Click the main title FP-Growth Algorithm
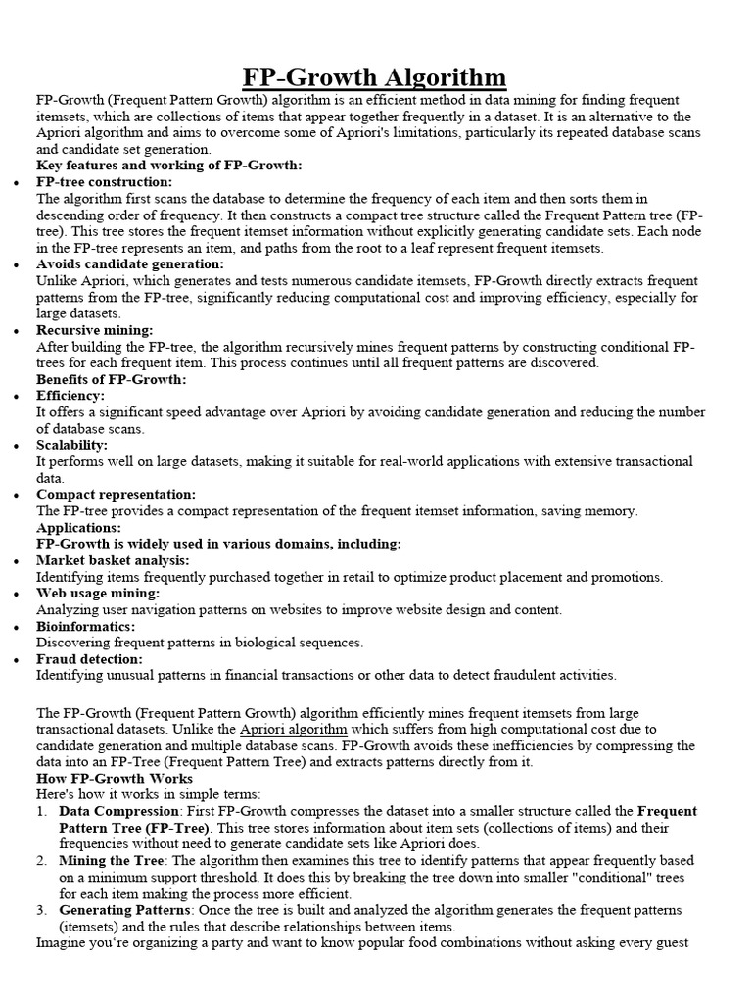[x=375, y=76]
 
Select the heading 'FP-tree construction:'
[x=104, y=182]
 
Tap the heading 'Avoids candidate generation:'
[x=130, y=264]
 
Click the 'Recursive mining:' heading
[x=95, y=331]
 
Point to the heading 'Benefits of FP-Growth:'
[x=111, y=379]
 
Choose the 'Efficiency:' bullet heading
[x=70, y=396]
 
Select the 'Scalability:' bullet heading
[x=73, y=445]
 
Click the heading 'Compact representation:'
[x=117, y=495]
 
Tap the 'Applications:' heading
[x=78, y=528]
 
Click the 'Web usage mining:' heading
[x=98, y=594]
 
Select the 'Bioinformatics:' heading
[x=85, y=626]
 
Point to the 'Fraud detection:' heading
[x=89, y=659]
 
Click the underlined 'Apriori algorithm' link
[x=293, y=730]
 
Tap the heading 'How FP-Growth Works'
[x=115, y=779]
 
